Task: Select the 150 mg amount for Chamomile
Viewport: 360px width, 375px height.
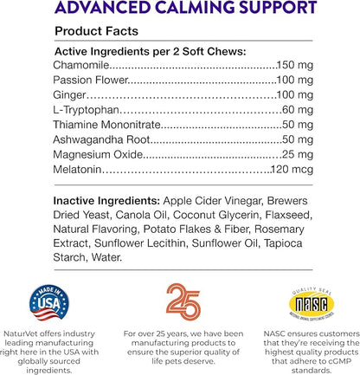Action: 301,65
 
